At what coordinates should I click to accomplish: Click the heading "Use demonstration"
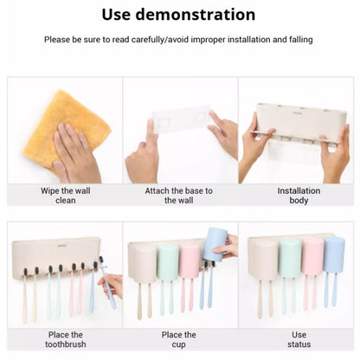tap(178, 15)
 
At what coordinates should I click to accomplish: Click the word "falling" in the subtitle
tap(301, 40)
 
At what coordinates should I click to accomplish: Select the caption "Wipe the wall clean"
tap(66, 196)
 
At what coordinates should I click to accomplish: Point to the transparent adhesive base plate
tap(181, 119)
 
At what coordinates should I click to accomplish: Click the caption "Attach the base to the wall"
tap(178, 196)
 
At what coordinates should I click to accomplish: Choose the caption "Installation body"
tap(299, 196)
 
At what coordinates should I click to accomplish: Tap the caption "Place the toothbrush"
tap(66, 339)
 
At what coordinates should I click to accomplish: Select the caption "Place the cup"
tap(178, 339)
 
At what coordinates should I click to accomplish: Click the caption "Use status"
tap(299, 339)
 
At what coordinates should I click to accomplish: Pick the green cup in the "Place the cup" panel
tap(168, 262)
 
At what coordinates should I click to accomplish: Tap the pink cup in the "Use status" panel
tap(312, 256)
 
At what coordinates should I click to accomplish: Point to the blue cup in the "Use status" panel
tap(334, 254)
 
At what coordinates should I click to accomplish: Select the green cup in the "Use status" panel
tap(290, 258)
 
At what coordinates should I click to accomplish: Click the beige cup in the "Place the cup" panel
tap(143, 264)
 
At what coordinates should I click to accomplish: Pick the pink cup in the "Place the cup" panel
tap(190, 261)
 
